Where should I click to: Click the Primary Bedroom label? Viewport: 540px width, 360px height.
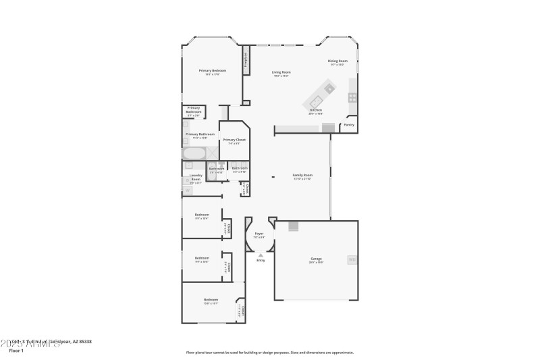pyautogui.click(x=212, y=71)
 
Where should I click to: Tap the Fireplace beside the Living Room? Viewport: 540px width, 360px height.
pyautogui.click(x=246, y=63)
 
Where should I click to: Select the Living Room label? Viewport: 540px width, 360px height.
pyautogui.click(x=281, y=72)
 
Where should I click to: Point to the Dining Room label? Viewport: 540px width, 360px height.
pyautogui.click(x=337, y=61)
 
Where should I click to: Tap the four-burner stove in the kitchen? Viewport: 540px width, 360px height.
pyautogui.click(x=352, y=97)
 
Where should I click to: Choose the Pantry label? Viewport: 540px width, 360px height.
pyautogui.click(x=349, y=125)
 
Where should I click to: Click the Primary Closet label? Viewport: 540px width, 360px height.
pyautogui.click(x=234, y=140)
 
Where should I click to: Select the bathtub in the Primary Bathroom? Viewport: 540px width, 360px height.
pyautogui.click(x=193, y=153)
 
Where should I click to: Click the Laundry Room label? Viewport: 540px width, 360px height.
pyautogui.click(x=196, y=177)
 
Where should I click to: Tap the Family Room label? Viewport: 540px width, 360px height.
pyautogui.click(x=302, y=175)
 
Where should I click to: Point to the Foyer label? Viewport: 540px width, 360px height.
pyautogui.click(x=259, y=234)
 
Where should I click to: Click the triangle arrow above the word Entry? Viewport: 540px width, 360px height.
pyautogui.click(x=261, y=255)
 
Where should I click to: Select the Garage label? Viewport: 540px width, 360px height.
pyautogui.click(x=316, y=259)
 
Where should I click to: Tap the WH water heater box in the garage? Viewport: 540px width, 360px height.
pyautogui.click(x=352, y=259)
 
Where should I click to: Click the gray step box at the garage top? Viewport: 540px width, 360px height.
pyautogui.click(x=293, y=227)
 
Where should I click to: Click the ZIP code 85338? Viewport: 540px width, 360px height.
pyautogui.click(x=84, y=342)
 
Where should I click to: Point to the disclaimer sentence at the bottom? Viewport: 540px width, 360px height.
pyautogui.click(x=269, y=353)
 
